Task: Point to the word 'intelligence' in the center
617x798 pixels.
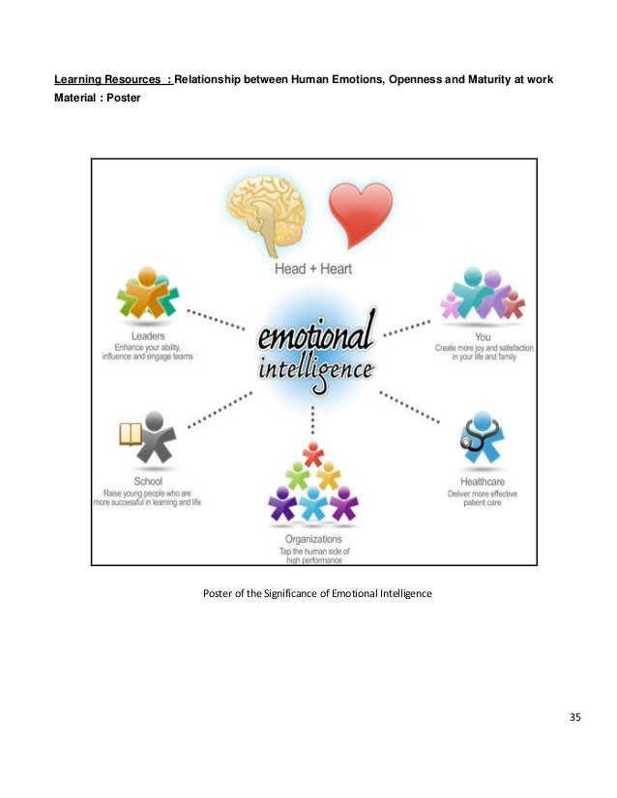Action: (315, 371)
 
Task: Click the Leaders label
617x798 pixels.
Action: (149, 335)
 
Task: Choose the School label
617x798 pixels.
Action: (149, 480)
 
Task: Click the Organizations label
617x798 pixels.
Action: (312, 539)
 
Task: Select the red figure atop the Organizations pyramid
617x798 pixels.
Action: (312, 451)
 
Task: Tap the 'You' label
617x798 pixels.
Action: (484, 335)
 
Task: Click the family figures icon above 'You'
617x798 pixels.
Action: (482, 295)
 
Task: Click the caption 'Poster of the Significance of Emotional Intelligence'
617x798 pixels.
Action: (316, 592)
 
